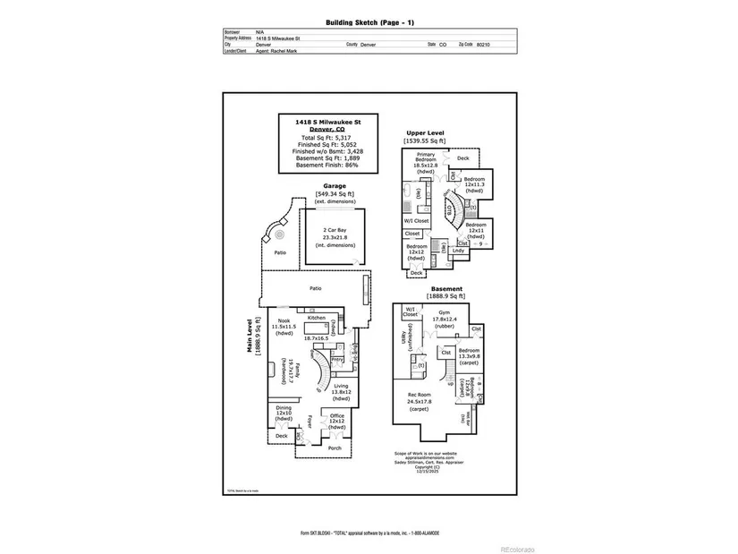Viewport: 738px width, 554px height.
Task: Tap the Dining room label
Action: [x=284, y=411]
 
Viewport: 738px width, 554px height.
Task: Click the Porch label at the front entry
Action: [x=335, y=447]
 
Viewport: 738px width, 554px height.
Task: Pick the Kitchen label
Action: [x=317, y=318]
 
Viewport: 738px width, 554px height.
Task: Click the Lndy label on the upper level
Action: [x=458, y=251]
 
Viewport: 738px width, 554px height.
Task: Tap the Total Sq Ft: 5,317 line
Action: [x=326, y=138]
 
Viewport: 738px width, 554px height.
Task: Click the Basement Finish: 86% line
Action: [x=326, y=164]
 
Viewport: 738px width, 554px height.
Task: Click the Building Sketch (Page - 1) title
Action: [x=369, y=21]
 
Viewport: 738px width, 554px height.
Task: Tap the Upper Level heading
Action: [x=424, y=132]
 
